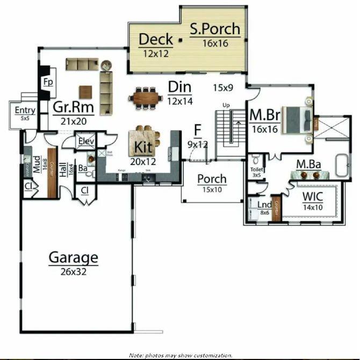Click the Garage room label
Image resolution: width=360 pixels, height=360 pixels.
[x=74, y=258]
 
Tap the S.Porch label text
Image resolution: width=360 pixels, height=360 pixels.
[x=215, y=29]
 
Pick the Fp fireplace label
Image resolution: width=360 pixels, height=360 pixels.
[x=47, y=83]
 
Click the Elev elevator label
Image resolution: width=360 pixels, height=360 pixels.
[x=86, y=141]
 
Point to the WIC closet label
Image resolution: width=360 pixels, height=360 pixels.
[x=313, y=196]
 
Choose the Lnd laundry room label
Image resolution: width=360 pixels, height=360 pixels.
[x=263, y=205]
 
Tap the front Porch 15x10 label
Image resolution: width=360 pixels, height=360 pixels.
[x=212, y=179]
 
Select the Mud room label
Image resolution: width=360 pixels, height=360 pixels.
[x=37, y=164]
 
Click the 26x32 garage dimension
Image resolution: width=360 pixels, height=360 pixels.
[x=74, y=272]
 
